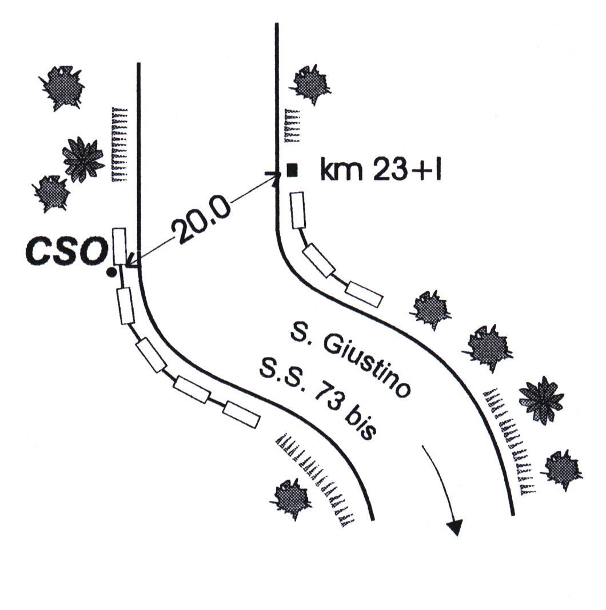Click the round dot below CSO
111,272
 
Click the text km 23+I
381,170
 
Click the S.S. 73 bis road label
317,399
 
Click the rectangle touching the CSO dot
119,246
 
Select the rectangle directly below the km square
298,210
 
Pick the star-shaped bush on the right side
541,399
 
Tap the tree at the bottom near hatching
292,498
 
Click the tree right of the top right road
312,85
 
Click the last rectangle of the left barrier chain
241,414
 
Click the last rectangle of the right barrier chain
364,294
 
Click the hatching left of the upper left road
119,144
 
